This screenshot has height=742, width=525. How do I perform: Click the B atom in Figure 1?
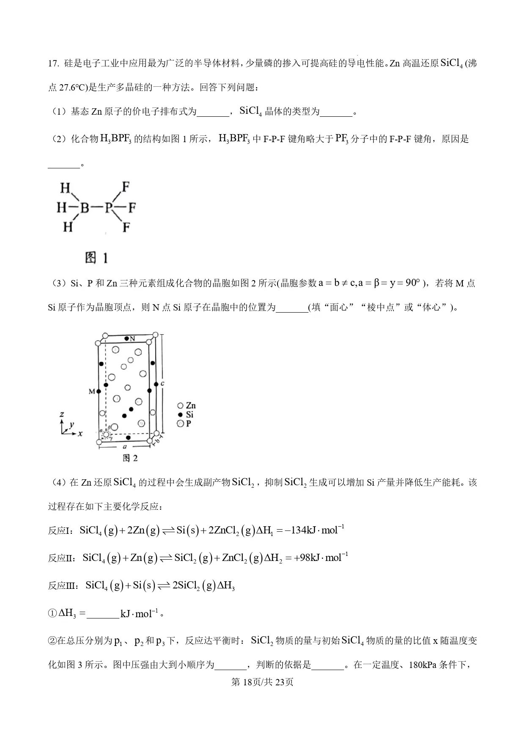coord(85,208)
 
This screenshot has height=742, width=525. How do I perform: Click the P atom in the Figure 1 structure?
coord(109,208)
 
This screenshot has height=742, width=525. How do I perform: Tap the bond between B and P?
coord(97,208)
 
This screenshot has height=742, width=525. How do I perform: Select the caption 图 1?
coord(96,257)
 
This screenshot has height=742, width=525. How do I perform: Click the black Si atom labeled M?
coord(99,392)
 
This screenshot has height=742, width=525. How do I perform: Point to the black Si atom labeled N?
coord(127,339)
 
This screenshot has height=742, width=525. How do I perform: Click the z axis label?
coord(62,415)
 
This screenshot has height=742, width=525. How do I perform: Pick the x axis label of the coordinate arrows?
coord(80,434)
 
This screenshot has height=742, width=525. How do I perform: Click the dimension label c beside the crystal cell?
coord(162,384)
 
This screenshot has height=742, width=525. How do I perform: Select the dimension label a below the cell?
coord(124,446)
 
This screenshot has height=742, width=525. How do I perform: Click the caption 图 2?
coord(130,458)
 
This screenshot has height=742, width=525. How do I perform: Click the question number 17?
coord(53,63)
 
